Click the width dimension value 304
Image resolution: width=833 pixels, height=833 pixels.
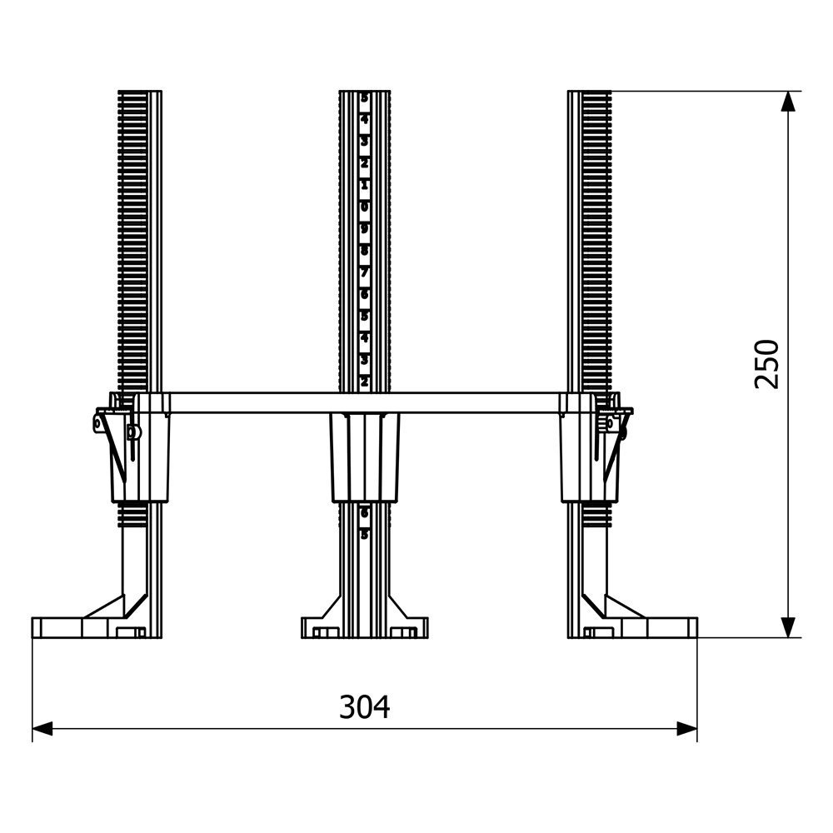(364, 707)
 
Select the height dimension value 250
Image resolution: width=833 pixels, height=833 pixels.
(766, 363)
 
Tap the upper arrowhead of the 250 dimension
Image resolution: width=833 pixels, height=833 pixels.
(788, 101)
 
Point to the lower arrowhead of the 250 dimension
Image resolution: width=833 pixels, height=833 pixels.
(788, 627)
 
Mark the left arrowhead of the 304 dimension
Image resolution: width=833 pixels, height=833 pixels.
(42, 729)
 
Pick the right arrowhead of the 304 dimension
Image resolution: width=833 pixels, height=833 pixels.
(686, 729)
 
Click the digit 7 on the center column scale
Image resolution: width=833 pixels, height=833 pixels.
(364, 272)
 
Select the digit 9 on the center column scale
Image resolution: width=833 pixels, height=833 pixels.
(364, 227)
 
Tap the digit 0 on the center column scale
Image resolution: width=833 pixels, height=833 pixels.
(364, 206)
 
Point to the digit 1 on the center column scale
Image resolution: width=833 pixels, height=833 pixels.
(364, 184)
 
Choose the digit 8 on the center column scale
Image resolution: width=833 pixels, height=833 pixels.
(364, 249)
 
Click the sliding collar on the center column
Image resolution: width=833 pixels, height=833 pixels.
(364, 457)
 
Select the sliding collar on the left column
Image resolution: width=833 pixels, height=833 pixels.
(141, 458)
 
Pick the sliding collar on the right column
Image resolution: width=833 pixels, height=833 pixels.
(588, 458)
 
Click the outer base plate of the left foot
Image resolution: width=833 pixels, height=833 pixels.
(58, 627)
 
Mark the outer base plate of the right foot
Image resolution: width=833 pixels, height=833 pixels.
(671, 627)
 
